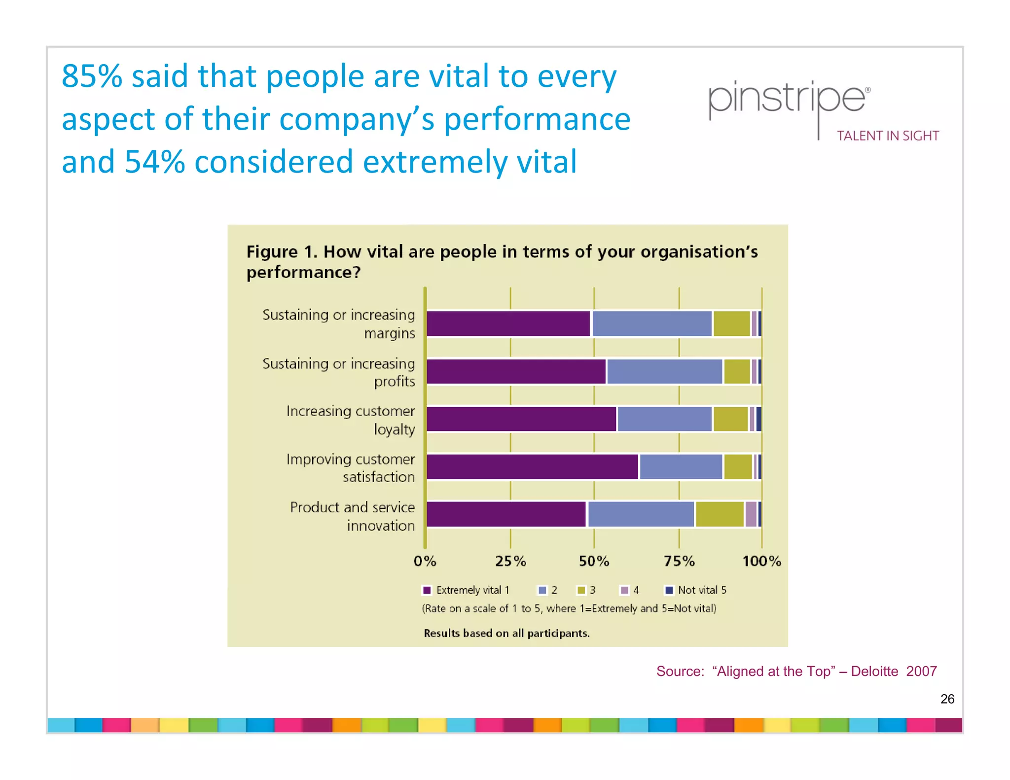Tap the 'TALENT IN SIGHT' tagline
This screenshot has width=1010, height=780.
click(888, 136)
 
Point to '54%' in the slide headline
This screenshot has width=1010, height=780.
click(154, 162)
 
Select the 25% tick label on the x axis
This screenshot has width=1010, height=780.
click(510, 561)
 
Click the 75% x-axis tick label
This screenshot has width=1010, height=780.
click(679, 561)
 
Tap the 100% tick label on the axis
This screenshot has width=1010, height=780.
click(761, 561)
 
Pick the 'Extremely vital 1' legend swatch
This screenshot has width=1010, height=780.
click(427, 590)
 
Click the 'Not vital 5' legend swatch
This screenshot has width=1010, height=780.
click(669, 590)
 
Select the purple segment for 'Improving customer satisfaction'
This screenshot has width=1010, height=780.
click(532, 467)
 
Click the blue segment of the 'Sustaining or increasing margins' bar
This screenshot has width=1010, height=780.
click(651, 324)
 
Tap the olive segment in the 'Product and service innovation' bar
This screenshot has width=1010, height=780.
click(720, 514)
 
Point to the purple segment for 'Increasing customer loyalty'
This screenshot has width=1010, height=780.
click(521, 419)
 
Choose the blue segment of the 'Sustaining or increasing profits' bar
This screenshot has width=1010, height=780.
click(664, 372)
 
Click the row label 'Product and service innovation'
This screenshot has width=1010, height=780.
click(352, 516)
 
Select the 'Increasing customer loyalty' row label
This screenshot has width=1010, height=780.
click(351, 420)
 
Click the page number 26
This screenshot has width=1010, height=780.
click(947, 699)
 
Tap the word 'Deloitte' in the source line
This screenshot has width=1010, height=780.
click(874, 672)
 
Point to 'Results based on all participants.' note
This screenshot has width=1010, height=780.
click(506, 634)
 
